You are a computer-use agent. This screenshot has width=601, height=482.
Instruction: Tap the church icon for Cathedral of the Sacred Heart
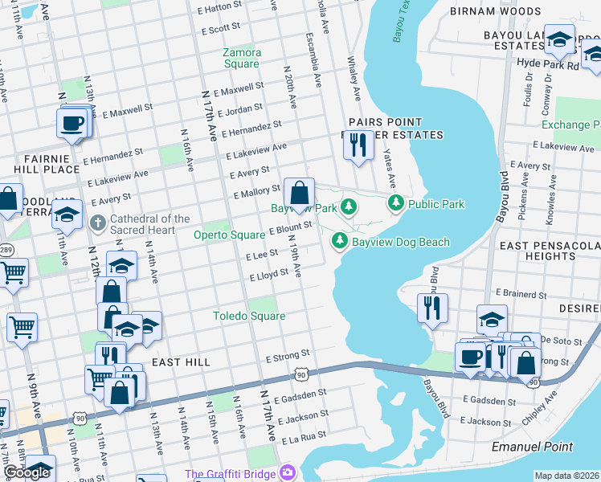[x=97, y=222]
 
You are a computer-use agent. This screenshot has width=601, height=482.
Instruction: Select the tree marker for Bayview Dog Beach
[x=340, y=240]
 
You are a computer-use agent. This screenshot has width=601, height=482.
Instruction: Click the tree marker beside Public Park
[x=395, y=204]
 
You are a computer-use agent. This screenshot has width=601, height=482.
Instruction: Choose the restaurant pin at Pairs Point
[x=358, y=145]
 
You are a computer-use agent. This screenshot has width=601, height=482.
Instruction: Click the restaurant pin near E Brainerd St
[x=432, y=308]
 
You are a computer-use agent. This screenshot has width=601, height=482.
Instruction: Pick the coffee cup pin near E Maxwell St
[x=72, y=124]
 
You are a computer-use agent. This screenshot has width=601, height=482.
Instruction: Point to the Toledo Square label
[x=249, y=316]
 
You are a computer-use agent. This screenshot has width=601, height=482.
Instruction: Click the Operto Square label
[x=229, y=235]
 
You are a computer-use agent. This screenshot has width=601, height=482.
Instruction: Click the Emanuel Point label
[x=533, y=447]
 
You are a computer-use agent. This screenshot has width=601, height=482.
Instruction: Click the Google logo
[x=26, y=472]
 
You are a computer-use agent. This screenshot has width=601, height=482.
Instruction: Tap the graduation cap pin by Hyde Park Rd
[x=559, y=39]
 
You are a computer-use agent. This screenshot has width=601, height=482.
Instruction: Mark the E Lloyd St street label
[x=269, y=274]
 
